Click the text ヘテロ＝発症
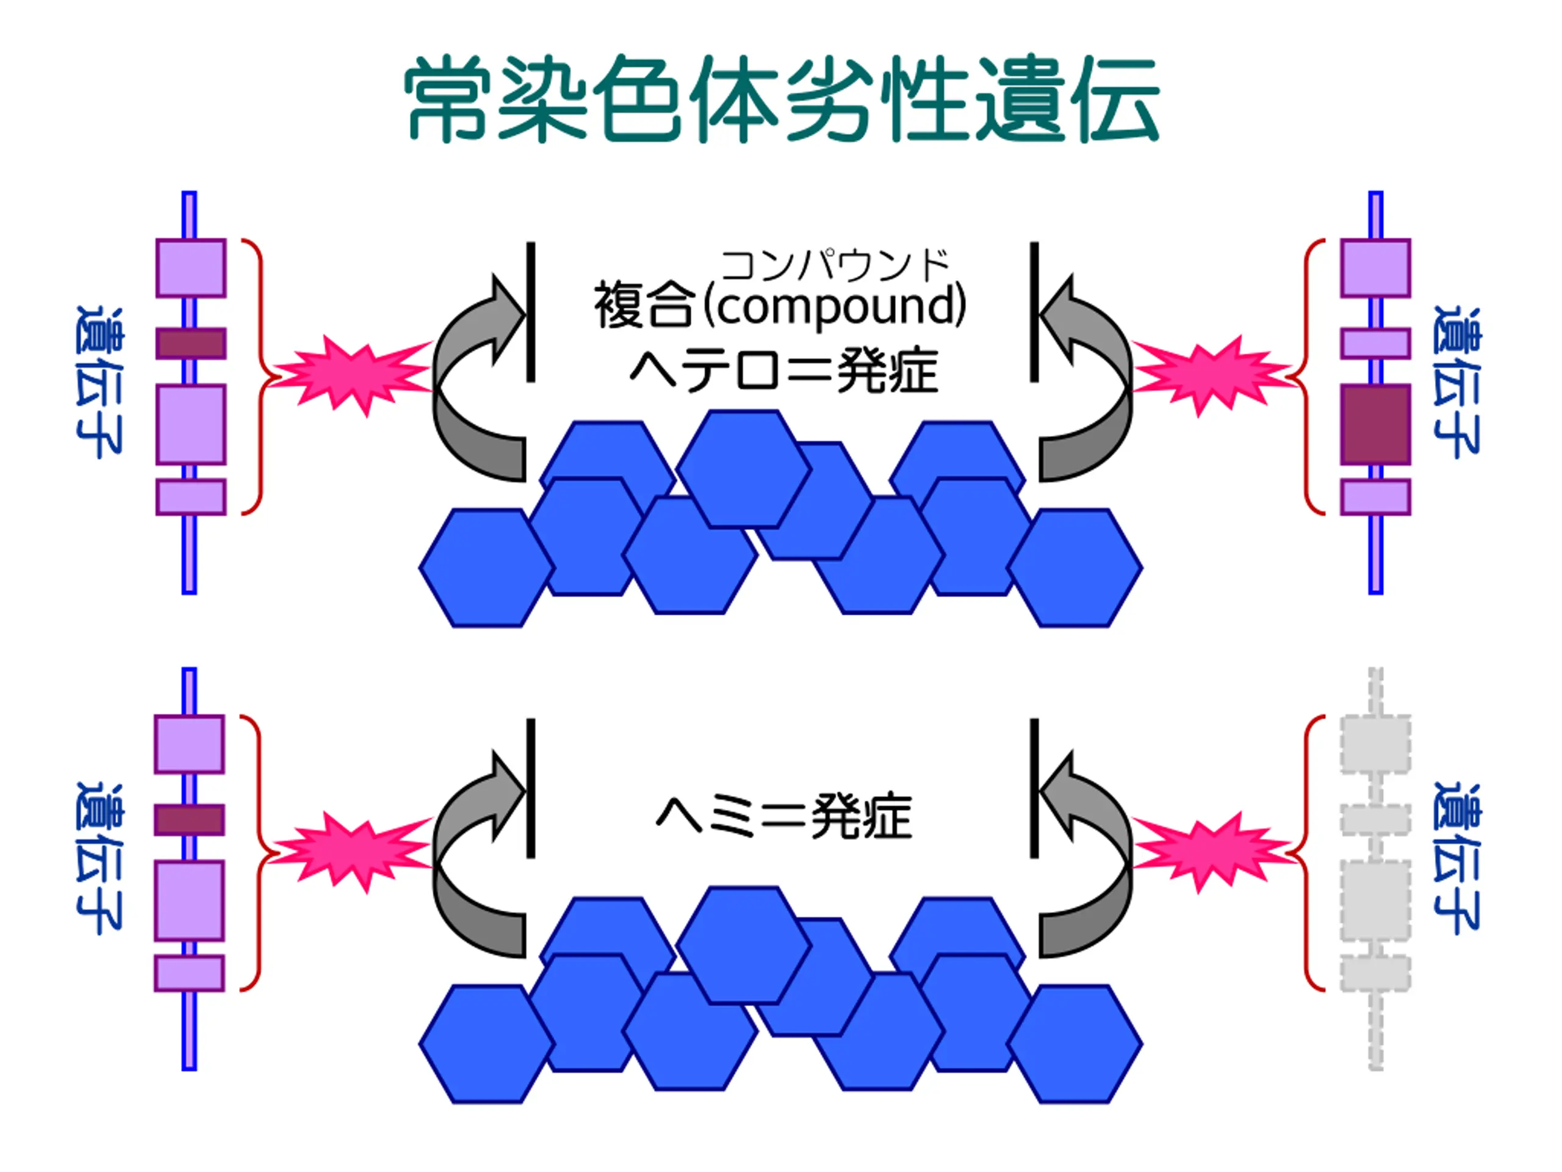(784, 371)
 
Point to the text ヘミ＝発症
(784, 817)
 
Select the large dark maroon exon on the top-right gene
(1375, 424)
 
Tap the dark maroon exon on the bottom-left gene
(189, 819)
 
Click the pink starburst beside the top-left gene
(353, 374)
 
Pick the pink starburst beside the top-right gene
(1211, 374)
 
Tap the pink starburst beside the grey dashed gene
(1211, 852)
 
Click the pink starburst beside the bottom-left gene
(353, 852)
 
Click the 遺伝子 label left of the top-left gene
(99, 382)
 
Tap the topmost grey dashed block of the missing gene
(1375, 743)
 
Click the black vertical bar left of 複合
(530, 311)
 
